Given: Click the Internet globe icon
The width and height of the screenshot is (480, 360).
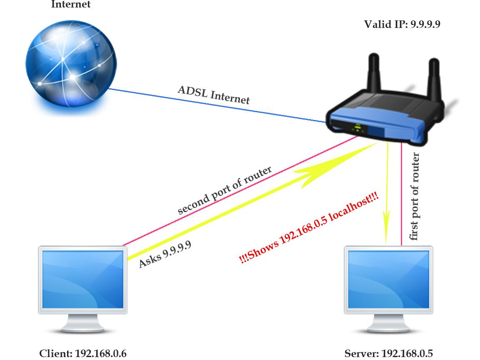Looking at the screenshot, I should tap(69, 69).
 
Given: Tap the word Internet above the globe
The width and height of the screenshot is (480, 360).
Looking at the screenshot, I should tap(70, 5).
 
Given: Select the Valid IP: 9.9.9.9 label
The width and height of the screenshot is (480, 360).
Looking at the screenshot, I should tap(402, 24).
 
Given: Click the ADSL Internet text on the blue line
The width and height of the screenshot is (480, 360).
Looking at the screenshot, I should tap(214, 95).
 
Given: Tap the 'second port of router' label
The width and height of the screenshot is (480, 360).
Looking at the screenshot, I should tap(225, 190).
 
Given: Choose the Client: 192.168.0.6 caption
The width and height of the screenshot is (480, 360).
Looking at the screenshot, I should tap(82, 354).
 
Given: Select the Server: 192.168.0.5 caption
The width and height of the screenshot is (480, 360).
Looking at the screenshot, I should tap(388, 354).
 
